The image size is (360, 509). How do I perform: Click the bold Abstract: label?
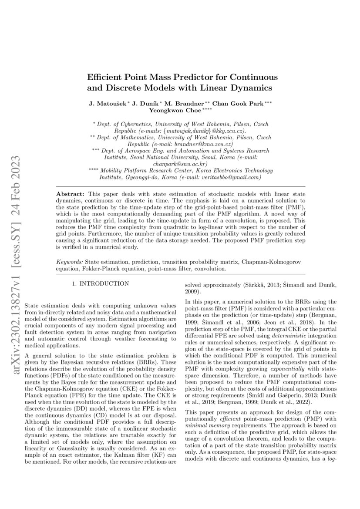coord(71,193)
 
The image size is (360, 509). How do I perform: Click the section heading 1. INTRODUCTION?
coord(100,284)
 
